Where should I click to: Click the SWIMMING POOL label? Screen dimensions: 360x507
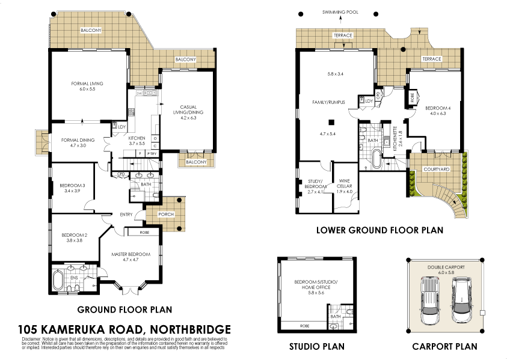coord(340,11)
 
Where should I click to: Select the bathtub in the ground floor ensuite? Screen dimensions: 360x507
coord(58,280)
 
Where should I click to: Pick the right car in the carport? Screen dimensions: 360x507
coord(460,295)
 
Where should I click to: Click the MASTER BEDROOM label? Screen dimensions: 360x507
coord(131,254)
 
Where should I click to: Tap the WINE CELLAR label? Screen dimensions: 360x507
coord(343,183)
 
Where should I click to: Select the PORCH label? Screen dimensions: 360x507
coord(166,214)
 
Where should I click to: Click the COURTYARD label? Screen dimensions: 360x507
coord(436,169)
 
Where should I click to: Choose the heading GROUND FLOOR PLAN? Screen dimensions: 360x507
coord(124,310)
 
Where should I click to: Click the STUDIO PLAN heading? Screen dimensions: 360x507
coord(316,346)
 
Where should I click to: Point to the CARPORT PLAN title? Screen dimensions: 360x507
coord(444,346)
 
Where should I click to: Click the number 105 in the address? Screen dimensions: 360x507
coord(30,329)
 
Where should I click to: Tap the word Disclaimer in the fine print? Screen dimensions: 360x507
coord(32,339)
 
